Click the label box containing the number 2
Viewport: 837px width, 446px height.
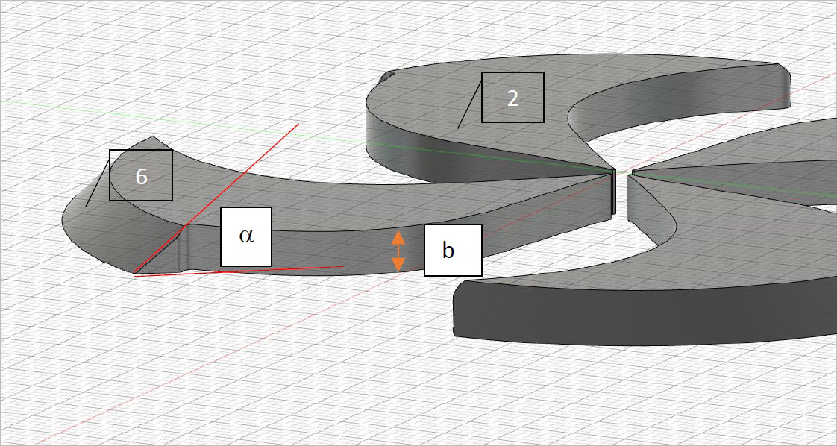tap(512, 97)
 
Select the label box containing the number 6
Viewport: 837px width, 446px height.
tap(141, 175)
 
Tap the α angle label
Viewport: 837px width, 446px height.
tap(245, 236)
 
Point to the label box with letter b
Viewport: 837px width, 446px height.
tap(453, 250)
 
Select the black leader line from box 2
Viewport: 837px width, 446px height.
tap(469, 104)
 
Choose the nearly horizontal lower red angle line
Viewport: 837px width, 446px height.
tap(246, 271)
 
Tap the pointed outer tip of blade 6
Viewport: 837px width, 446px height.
tap(153, 137)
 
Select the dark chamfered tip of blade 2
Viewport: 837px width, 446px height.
tap(386, 76)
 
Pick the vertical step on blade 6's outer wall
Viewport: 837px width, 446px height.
tap(185, 246)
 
